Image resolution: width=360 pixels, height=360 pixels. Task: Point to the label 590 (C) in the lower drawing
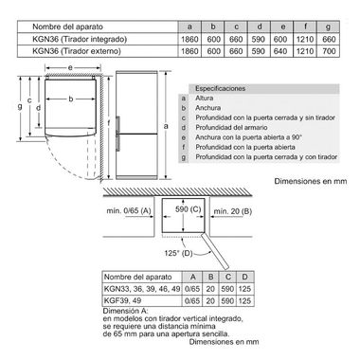189,208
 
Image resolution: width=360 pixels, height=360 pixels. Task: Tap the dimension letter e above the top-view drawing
72,70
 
